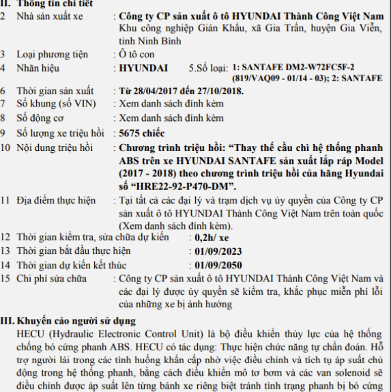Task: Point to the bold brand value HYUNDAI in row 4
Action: point(138,68)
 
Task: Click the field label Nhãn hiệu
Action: point(40,68)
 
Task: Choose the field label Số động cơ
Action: point(42,117)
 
